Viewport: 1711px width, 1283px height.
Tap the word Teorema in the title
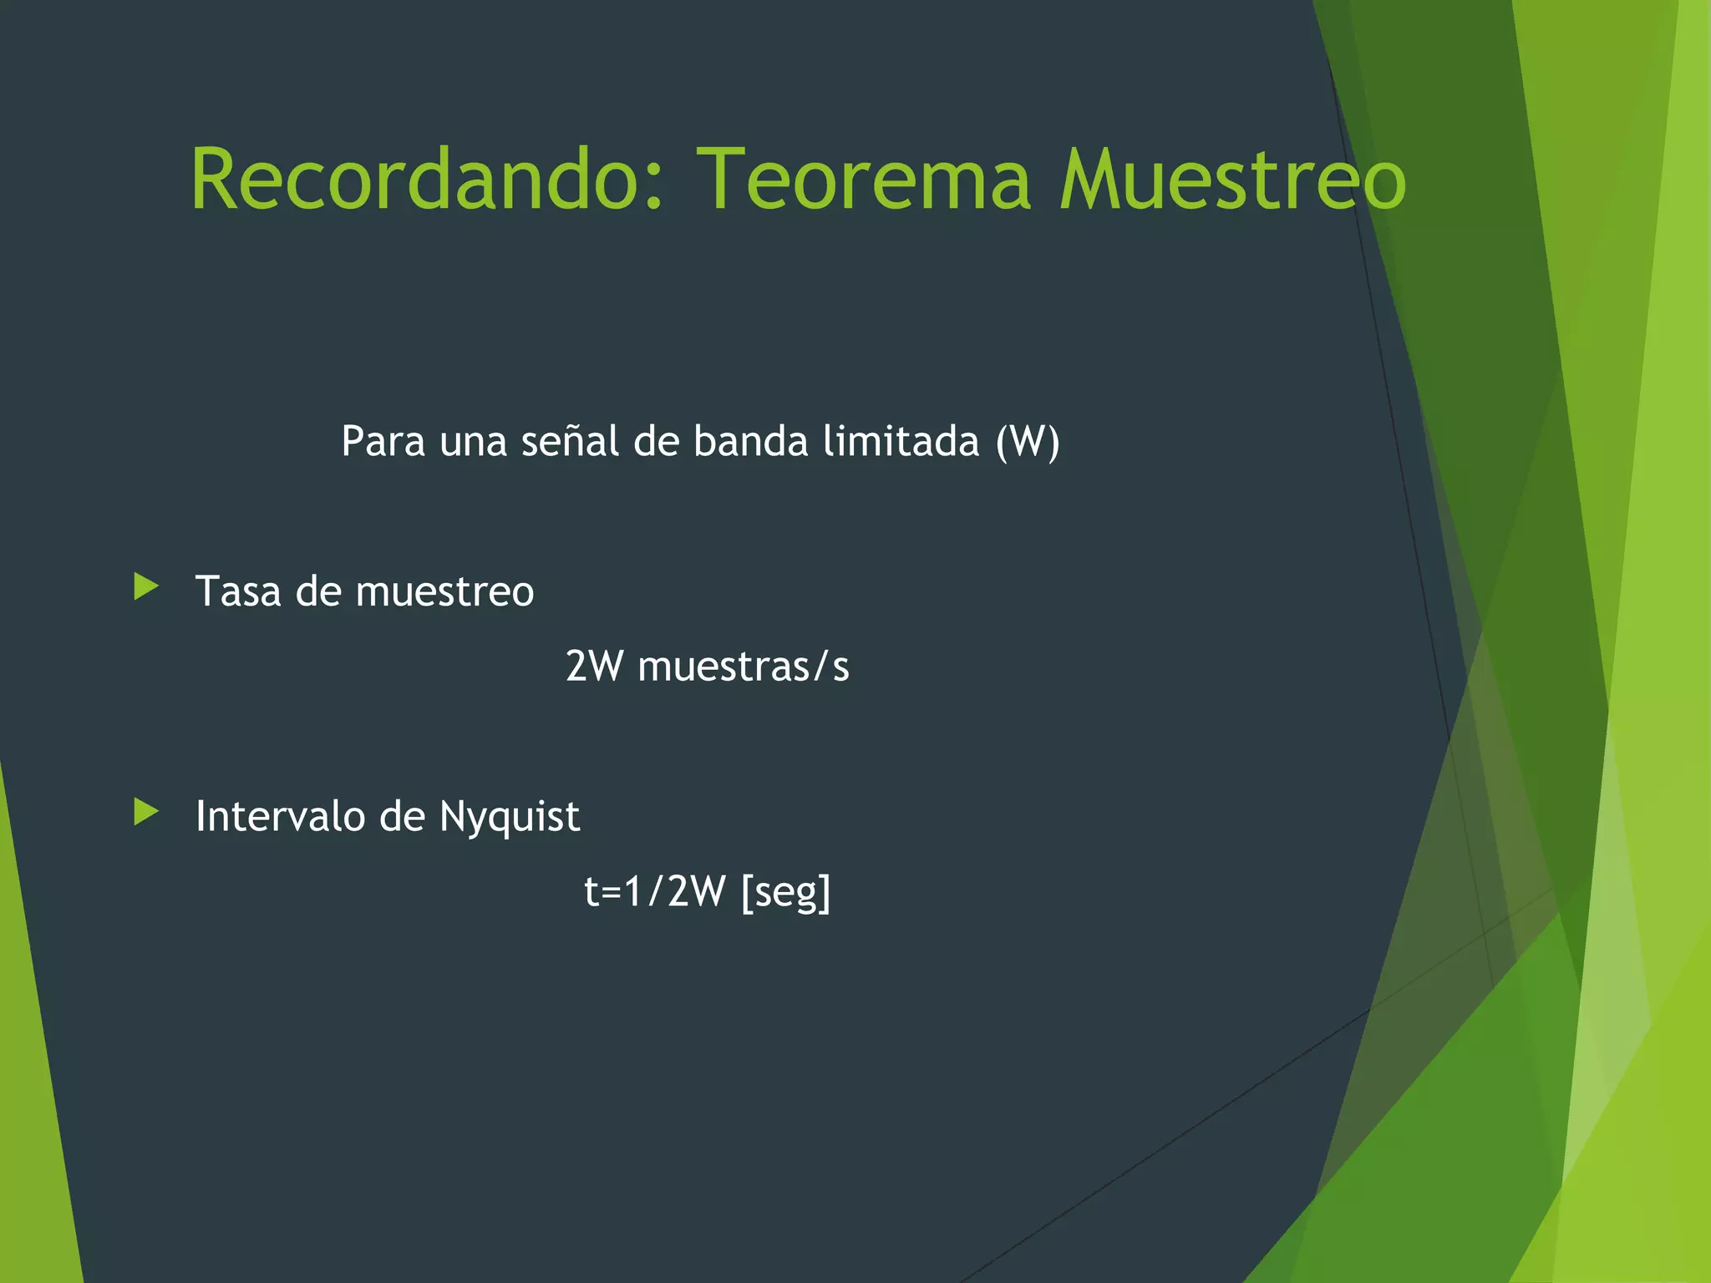pyautogui.click(x=864, y=180)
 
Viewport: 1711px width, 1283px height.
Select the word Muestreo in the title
pyautogui.click(x=1233, y=180)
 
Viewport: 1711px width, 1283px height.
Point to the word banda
pyautogui.click(x=750, y=442)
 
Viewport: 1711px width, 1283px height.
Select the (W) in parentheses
pyautogui.click(x=1028, y=442)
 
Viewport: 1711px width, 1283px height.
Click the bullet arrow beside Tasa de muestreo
pyautogui.click(x=146, y=587)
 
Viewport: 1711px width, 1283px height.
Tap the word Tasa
pyautogui.click(x=238, y=592)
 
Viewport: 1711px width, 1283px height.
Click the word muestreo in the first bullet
pyautogui.click(x=444, y=592)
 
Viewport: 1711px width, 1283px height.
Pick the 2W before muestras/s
pyautogui.click(x=594, y=667)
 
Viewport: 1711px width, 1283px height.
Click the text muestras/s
pyautogui.click(x=743, y=667)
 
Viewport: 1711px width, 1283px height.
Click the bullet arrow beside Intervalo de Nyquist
pyautogui.click(x=146, y=812)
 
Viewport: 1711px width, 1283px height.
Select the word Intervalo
pyautogui.click(x=280, y=816)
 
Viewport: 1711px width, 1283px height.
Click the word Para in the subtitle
pyautogui.click(x=383, y=442)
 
